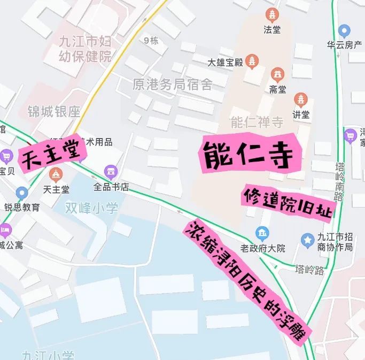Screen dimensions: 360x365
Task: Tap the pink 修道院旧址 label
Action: [288, 203]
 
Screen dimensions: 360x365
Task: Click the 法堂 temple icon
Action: [273, 15]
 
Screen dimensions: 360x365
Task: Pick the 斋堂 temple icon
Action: [277, 74]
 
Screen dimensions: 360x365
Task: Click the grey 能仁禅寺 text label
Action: [257, 123]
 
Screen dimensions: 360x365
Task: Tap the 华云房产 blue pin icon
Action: [345, 30]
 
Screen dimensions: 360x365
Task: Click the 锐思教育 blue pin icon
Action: [21, 193]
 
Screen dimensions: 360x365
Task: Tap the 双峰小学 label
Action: [91, 208]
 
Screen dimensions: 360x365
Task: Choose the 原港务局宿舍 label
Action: [173, 85]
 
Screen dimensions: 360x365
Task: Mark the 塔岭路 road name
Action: [309, 270]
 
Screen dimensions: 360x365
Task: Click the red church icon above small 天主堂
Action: [55, 174]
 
